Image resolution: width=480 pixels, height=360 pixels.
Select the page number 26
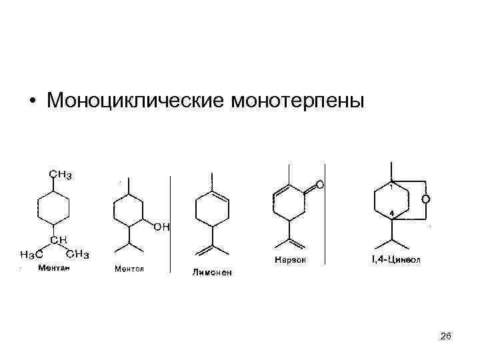(x=446, y=337)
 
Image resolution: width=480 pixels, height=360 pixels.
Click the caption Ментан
(x=54, y=268)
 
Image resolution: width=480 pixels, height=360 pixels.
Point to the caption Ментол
(x=129, y=269)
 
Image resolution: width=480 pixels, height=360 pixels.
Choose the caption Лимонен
(x=212, y=272)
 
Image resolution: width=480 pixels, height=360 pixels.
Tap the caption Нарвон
(x=290, y=260)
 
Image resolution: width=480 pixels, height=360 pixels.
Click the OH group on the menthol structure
(x=161, y=227)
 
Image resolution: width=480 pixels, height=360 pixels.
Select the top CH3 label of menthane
(x=60, y=175)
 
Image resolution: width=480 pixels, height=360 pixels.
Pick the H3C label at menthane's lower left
(x=31, y=254)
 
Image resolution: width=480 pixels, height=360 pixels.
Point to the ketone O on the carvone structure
(x=319, y=183)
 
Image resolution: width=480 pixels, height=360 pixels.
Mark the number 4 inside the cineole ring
(x=391, y=212)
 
